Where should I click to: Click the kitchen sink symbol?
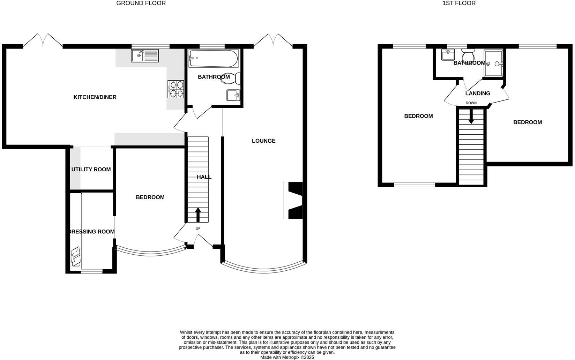pos(145,56)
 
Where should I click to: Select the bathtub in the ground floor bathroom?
pos(213,59)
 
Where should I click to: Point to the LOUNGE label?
pos(263,141)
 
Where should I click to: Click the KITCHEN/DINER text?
pos(95,97)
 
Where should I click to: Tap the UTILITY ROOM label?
pos(91,170)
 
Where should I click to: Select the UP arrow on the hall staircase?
pos(198,215)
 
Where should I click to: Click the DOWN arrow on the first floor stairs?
pos(471,116)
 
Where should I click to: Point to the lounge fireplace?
pos(293,201)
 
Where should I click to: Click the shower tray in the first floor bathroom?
pos(494,63)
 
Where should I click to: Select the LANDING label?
pos(478,93)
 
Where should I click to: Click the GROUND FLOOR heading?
pos(141,3)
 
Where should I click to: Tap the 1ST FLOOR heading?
pos(459,3)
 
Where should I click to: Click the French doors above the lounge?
pos(273,40)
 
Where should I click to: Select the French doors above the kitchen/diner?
pos(43,40)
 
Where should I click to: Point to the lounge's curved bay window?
pos(264,269)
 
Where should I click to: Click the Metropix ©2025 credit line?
pos(287,357)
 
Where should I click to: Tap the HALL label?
pos(204,177)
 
